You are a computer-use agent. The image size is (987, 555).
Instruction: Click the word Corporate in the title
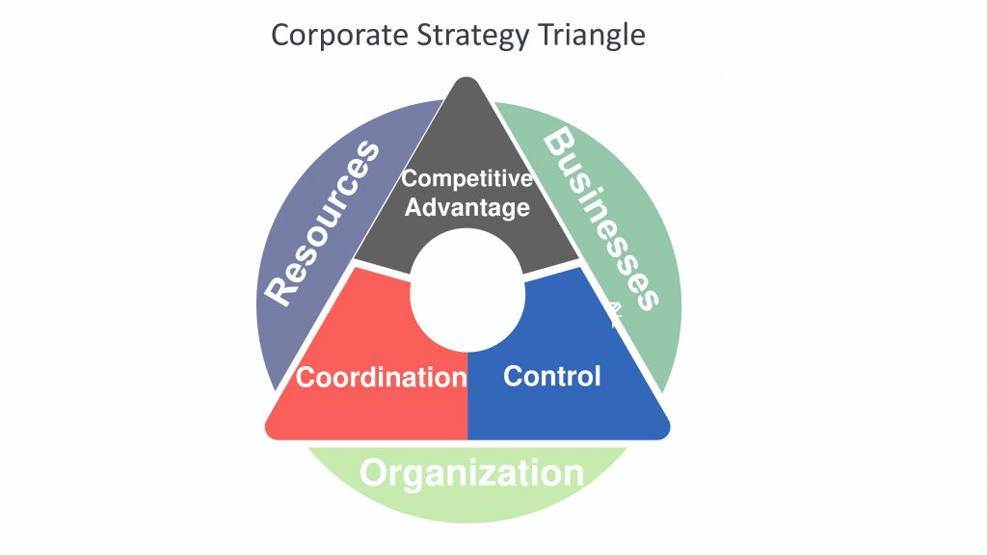pos(340,36)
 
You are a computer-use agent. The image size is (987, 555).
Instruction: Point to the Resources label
pos(322,224)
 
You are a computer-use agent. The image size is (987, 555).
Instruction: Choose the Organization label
pos(471,473)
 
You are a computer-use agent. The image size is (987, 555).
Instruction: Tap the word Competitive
pos(467,178)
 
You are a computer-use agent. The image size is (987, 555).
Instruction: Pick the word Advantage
pos(467,207)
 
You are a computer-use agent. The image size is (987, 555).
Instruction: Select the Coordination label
pos(382,378)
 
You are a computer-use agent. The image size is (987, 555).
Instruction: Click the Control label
pos(552,377)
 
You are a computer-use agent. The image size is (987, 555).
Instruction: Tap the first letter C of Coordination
pos(306,378)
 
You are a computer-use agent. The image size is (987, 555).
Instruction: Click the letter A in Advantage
pos(413,206)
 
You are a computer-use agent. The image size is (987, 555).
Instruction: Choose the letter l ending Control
pos(598,377)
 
